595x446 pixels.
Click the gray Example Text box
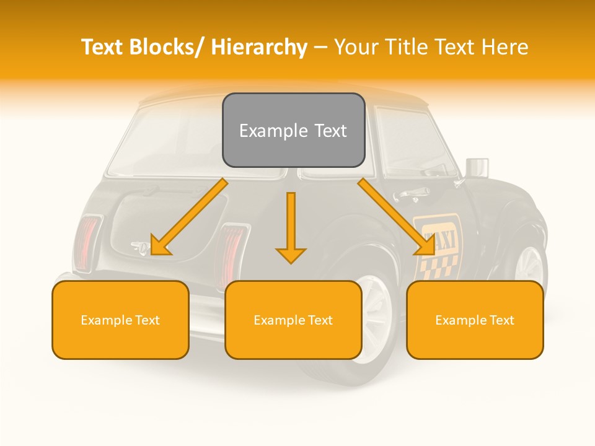point(293,130)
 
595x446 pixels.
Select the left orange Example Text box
point(120,320)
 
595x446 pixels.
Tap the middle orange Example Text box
point(293,320)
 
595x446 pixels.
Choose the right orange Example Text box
point(475,320)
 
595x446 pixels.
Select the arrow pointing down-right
point(397,217)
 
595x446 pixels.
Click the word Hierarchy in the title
point(259,47)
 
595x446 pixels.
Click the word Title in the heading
point(406,47)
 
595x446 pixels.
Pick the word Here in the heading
point(506,47)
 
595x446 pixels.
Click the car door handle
point(410,194)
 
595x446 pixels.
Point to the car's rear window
point(167,139)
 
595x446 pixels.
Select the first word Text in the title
point(103,47)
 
